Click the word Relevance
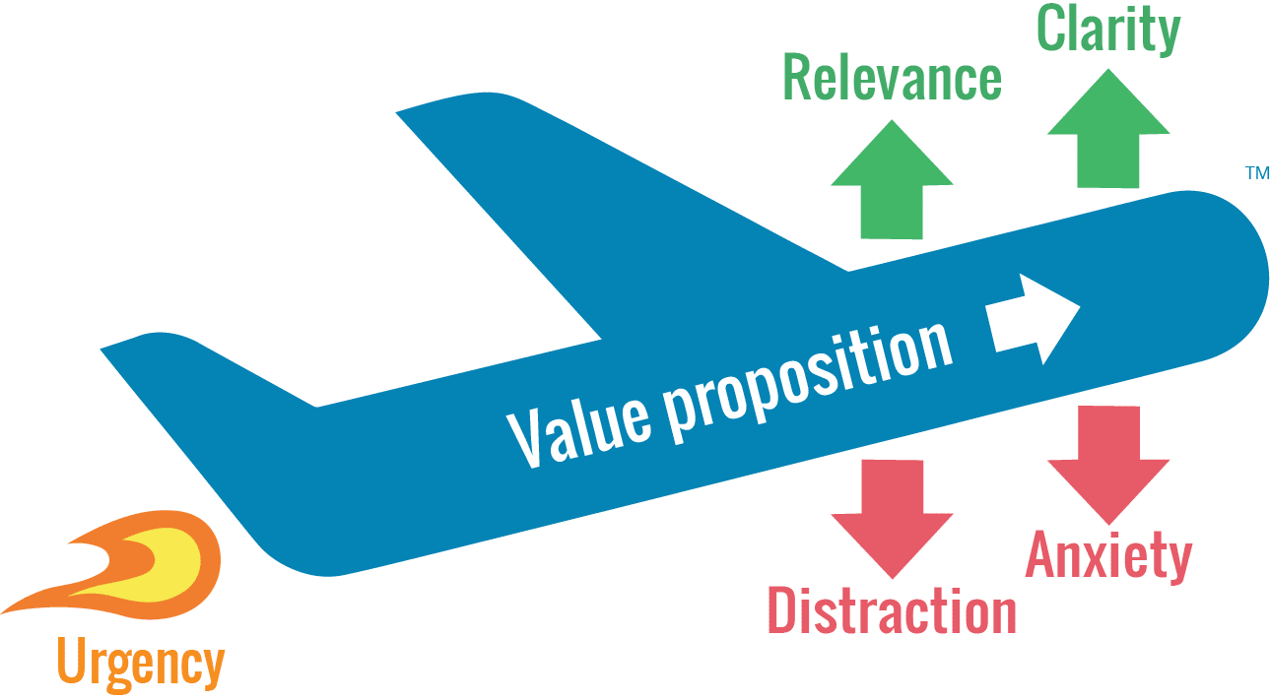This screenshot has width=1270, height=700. click(892, 80)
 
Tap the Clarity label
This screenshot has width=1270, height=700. click(1108, 31)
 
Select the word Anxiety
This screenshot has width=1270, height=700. click(1108, 555)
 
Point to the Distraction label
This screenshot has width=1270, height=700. click(892, 610)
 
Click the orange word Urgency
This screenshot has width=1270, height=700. click(140, 663)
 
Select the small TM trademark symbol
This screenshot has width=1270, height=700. click(1258, 174)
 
